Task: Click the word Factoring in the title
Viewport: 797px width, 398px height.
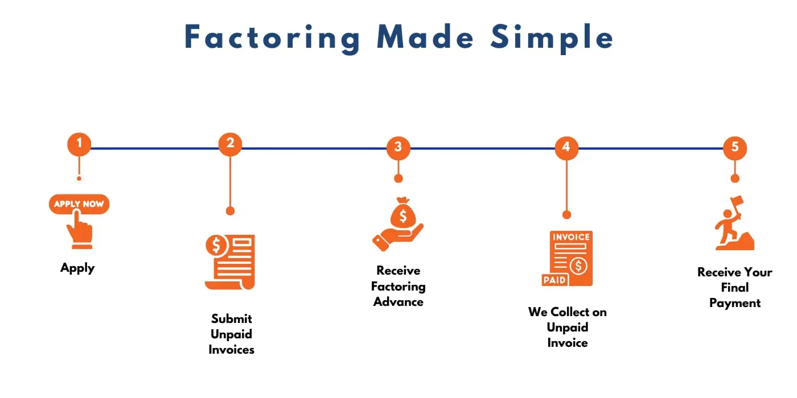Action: [273, 39]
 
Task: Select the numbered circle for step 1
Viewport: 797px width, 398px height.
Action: [79, 144]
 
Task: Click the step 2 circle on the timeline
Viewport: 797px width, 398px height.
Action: [230, 144]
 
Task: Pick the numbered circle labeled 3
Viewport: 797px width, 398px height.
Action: [398, 148]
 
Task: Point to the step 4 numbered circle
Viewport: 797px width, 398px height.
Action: [566, 148]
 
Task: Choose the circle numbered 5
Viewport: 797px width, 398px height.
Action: [735, 148]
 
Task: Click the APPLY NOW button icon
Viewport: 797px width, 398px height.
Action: [79, 204]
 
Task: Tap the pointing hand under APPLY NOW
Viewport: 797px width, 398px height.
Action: [80, 230]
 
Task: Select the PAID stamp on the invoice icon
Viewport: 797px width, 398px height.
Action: [554, 280]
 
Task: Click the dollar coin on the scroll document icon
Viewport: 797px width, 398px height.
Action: [216, 246]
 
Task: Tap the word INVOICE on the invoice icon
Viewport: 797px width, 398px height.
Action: [571, 237]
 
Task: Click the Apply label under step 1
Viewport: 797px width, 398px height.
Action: [77, 268]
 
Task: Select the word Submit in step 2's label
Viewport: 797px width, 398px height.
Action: [232, 319]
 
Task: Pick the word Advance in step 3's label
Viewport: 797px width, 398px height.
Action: [398, 302]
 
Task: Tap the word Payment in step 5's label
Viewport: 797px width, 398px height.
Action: [735, 304]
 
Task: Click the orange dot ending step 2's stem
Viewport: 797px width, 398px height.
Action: [230, 211]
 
